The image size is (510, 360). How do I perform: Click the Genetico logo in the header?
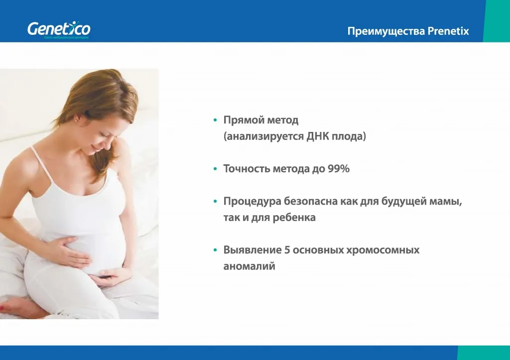pyautogui.click(x=59, y=29)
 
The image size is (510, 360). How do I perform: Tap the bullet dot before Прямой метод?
pyautogui.click(x=215, y=120)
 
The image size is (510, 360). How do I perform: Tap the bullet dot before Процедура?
pyautogui.click(x=215, y=202)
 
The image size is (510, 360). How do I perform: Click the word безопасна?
pyautogui.click(x=311, y=202)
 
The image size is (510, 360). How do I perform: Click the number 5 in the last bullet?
pyautogui.click(x=287, y=250)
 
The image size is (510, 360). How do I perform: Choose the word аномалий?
pyautogui.click(x=249, y=266)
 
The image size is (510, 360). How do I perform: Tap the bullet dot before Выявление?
pyautogui.click(x=215, y=250)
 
